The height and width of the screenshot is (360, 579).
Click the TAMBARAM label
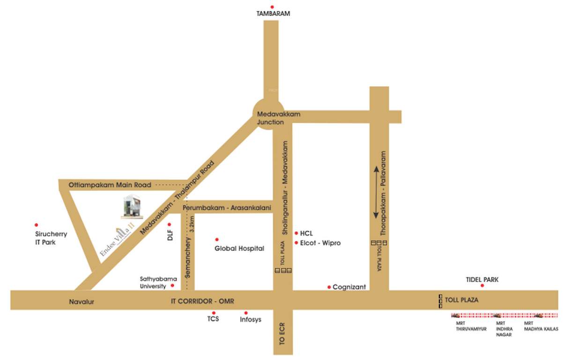pyautogui.click(x=273, y=14)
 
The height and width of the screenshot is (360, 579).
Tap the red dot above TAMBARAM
pyautogui.click(x=272, y=7)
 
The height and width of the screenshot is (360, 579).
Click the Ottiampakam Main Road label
pyautogui.click(x=110, y=185)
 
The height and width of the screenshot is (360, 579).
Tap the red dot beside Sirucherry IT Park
pyautogui.click(x=37, y=225)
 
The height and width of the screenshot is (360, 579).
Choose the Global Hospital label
pyautogui.click(x=239, y=248)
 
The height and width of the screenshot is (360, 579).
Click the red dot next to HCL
pyautogui.click(x=297, y=233)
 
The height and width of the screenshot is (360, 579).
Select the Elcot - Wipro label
pyautogui.click(x=323, y=243)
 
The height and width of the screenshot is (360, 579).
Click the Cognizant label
pyautogui.click(x=349, y=287)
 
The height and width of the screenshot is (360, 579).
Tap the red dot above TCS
pyautogui.click(x=214, y=313)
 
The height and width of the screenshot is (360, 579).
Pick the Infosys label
pyautogui.click(x=250, y=320)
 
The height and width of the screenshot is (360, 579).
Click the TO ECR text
pyautogui.click(x=282, y=334)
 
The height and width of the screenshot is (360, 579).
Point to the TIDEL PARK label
pyautogui.click(x=482, y=280)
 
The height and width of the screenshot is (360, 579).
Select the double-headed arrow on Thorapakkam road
pyautogui.click(x=376, y=193)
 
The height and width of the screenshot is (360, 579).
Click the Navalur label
pyautogui.click(x=82, y=302)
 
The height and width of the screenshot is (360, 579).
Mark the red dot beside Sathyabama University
pyautogui.click(x=172, y=285)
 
